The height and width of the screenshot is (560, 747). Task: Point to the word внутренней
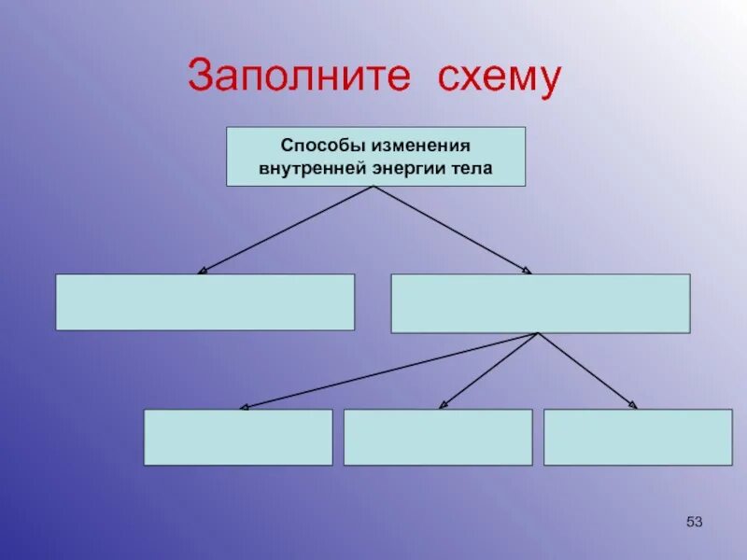[310, 170]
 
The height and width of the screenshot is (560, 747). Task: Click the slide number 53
[694, 521]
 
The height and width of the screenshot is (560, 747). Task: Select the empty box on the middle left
[204, 301]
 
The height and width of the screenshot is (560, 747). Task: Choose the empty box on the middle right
[540, 303]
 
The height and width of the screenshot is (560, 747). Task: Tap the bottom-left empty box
[237, 437]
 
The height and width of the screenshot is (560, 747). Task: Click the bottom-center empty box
[438, 437]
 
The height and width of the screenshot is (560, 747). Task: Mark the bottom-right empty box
[638, 437]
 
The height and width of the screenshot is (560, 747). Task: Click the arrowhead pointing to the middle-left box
[202, 271]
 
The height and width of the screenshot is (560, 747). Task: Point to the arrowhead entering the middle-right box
[528, 271]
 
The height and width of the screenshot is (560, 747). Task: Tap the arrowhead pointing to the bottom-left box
[243, 407]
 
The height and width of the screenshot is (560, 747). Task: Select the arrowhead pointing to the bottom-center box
[443, 405]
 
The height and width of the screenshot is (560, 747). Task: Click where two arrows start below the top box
[373, 187]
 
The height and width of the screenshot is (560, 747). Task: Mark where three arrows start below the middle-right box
[538, 333]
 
